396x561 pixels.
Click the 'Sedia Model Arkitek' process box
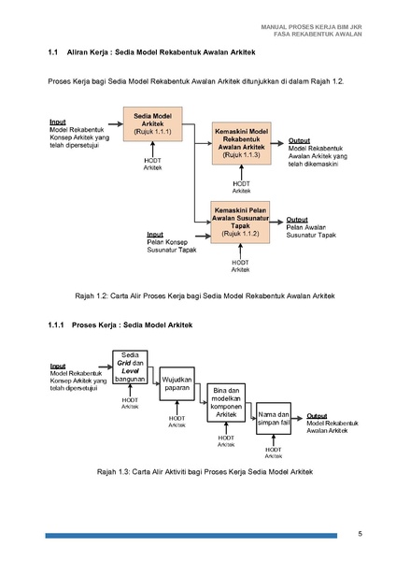point(152,123)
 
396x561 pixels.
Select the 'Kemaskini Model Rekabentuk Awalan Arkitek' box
point(241,143)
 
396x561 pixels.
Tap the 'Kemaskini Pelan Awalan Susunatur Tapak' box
point(240,223)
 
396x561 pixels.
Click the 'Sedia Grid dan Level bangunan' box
point(130,367)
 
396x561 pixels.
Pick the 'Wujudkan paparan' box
point(177,383)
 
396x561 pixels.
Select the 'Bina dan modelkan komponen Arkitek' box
point(226,402)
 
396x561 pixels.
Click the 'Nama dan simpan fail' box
point(274,419)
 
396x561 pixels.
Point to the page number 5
point(360,534)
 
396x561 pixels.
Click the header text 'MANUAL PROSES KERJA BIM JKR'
point(311,27)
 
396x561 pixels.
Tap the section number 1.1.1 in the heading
point(56,324)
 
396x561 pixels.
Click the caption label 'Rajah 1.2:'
point(92,295)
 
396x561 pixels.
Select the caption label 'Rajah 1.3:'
point(113,471)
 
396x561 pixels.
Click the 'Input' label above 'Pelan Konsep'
point(155,235)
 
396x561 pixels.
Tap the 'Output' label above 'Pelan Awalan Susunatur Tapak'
point(297,220)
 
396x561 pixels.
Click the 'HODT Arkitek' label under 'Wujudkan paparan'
point(177,422)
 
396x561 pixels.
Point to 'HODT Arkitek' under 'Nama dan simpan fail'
point(274,453)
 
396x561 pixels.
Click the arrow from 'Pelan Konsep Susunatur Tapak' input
point(203,237)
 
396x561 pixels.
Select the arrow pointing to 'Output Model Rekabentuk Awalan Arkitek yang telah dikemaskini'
point(277,143)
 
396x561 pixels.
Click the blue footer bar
point(191,536)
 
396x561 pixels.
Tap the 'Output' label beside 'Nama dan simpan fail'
point(317,416)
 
